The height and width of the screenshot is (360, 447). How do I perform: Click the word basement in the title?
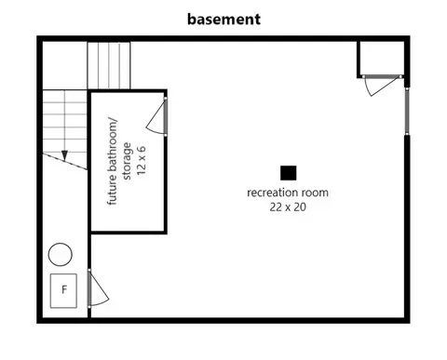(223, 20)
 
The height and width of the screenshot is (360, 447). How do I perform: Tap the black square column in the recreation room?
(289, 173)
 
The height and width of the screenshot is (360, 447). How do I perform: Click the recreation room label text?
(288, 193)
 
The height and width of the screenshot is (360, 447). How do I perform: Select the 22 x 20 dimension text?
(288, 207)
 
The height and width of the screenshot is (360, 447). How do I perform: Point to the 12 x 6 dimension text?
(142, 160)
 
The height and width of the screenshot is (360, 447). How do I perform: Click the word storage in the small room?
(128, 161)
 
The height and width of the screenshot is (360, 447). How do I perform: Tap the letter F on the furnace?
(64, 289)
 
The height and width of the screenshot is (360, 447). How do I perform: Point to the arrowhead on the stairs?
(64, 155)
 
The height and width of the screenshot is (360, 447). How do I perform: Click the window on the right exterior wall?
(407, 112)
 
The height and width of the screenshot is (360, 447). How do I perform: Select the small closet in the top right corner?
(381, 59)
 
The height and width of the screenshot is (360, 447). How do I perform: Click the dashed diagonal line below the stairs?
(64, 162)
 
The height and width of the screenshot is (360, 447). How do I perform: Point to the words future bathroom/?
(113, 161)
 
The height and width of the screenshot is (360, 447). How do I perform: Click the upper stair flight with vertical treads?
(109, 65)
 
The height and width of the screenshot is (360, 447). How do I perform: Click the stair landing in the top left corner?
(64, 65)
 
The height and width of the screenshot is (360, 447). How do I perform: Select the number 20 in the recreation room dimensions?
(300, 207)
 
